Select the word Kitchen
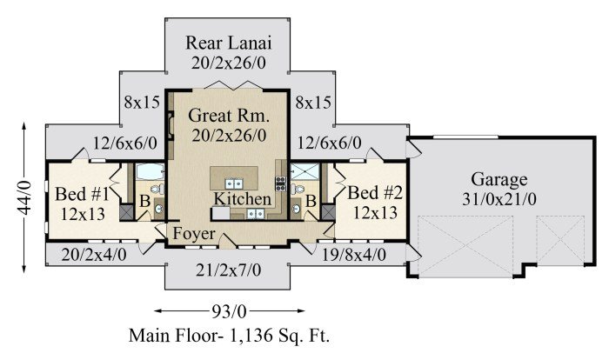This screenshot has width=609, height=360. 243,200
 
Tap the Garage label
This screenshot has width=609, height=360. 500,180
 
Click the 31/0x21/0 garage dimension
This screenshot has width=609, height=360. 500,200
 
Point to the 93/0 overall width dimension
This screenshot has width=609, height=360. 230,309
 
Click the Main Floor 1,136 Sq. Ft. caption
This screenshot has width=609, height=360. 230,335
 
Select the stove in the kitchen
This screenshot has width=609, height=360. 281,183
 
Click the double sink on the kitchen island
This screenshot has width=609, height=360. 233,183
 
